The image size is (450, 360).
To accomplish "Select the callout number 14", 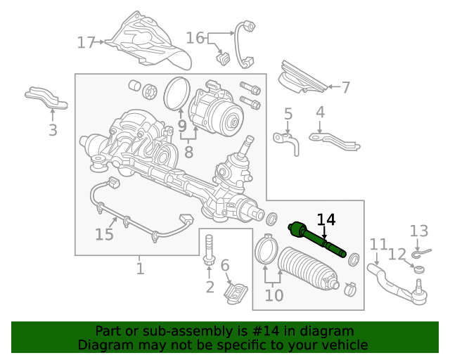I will pos(326,219).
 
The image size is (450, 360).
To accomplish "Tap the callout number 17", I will pos(86,43).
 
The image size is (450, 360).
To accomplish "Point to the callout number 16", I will pos(195,37).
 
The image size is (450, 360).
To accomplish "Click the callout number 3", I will pos(53,129).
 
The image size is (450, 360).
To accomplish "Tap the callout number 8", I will pos(188,151).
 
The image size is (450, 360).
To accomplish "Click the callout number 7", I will pos(345,88).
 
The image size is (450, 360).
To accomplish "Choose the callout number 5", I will pos(288,114).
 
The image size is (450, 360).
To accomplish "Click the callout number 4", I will pos(320,112).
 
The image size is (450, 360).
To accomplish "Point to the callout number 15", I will pos(104,234).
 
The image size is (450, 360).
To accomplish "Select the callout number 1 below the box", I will pos(140,269).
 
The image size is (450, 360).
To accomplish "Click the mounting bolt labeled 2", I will pos(210,251).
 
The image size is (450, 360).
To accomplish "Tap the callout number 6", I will pos(225,265).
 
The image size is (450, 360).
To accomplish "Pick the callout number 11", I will pos(378,245).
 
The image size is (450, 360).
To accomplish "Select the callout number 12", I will pos(397,255).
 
